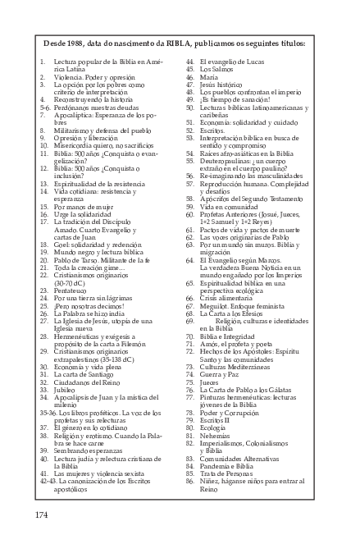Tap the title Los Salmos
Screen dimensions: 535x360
pyautogui.click(x=216, y=70)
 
